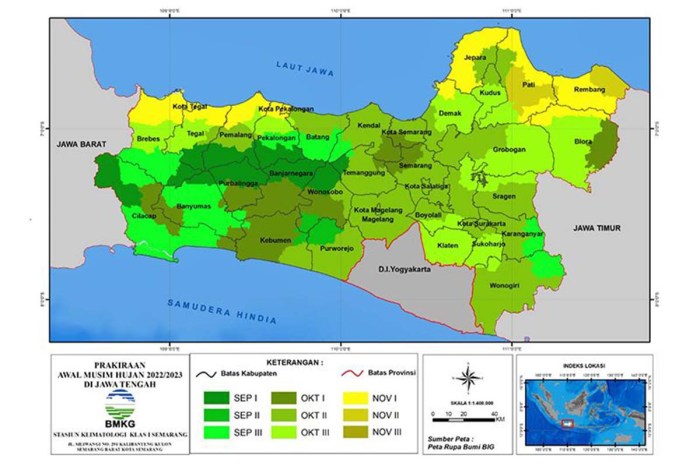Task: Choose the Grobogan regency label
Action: click(509, 152)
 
